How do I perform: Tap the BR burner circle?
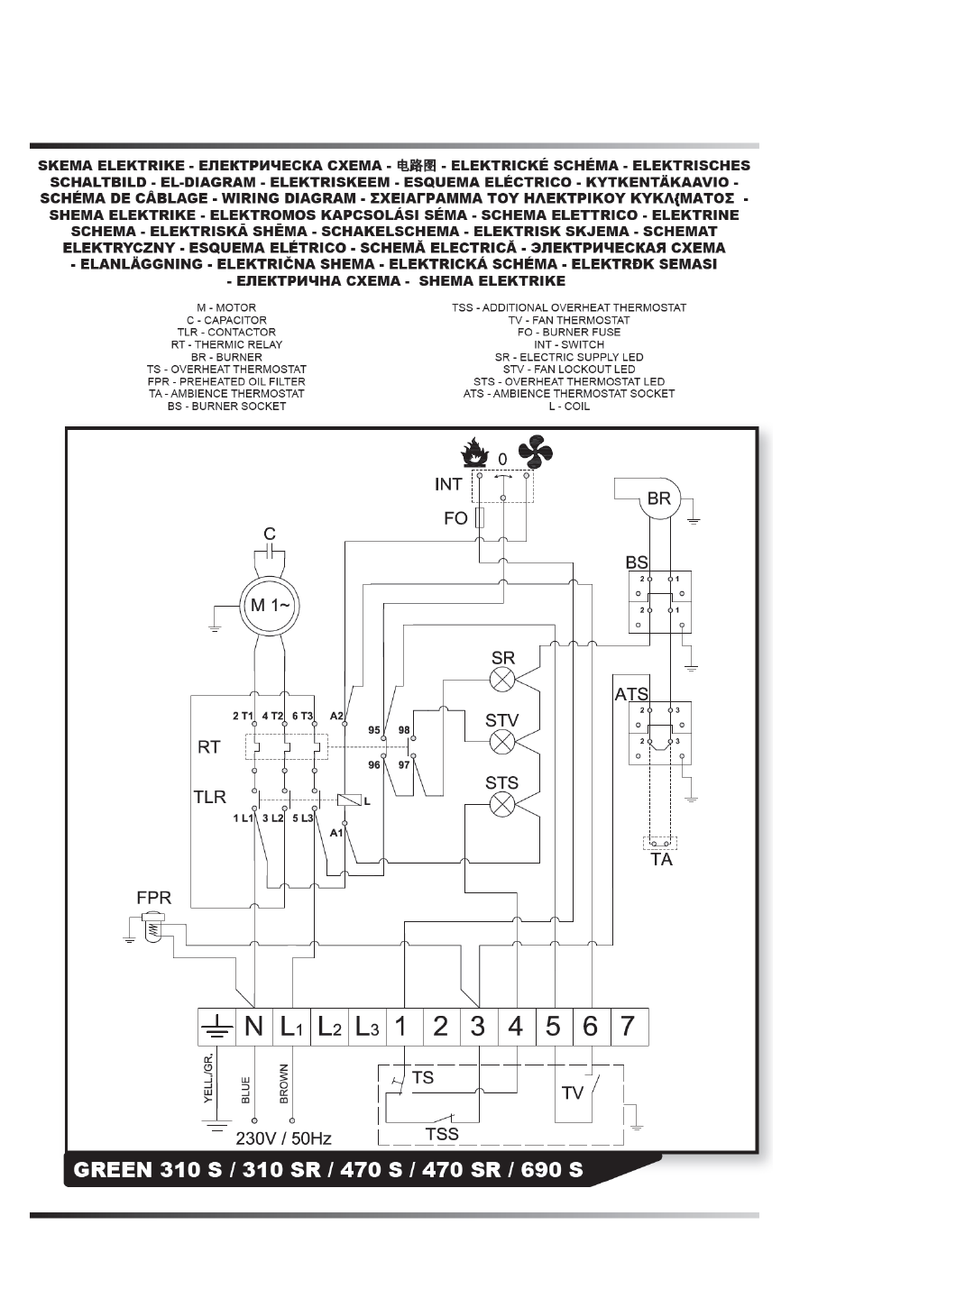[x=658, y=499]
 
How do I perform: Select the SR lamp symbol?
[x=502, y=679]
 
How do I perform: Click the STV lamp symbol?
[x=502, y=741]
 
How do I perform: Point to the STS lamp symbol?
[x=502, y=804]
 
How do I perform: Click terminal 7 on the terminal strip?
[x=628, y=1027]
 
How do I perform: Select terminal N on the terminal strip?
[x=254, y=1027]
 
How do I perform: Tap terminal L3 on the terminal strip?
[x=365, y=1027]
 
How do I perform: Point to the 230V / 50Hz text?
[x=283, y=1138]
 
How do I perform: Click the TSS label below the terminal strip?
[x=442, y=1134]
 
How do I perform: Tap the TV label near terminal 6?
[x=573, y=1093]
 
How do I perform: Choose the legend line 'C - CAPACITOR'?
[x=226, y=320]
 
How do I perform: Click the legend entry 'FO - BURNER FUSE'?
[x=569, y=332]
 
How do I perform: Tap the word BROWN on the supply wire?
[x=284, y=1084]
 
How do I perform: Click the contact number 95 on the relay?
[x=374, y=730]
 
